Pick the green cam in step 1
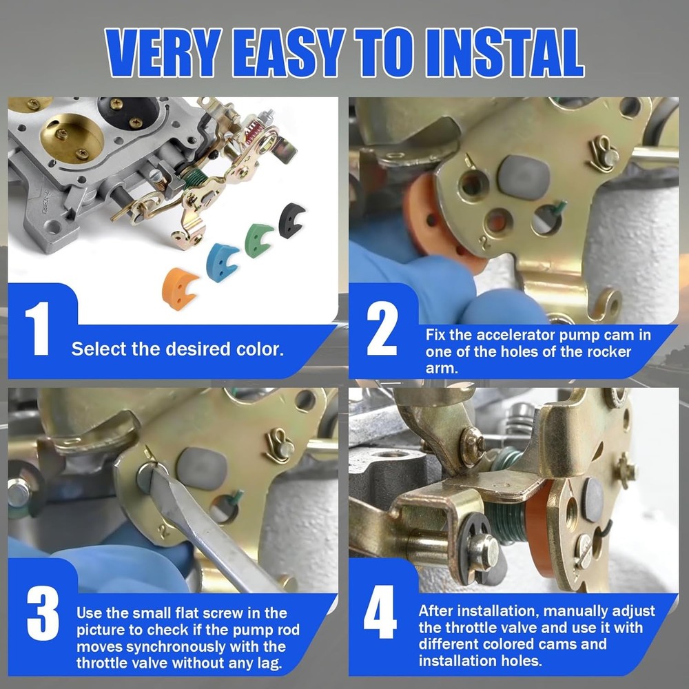pos(258,238)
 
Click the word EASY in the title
pos(292,53)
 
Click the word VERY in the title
pos(166,53)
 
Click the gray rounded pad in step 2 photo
pos(524,175)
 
